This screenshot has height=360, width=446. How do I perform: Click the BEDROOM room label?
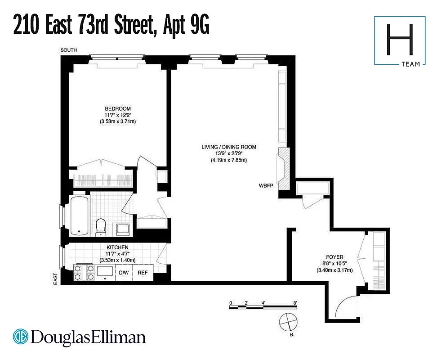(118, 108)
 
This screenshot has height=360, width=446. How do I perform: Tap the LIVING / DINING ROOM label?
(229, 147)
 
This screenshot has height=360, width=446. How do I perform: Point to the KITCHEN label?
(117, 247)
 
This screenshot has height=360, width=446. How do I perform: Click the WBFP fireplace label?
(266, 185)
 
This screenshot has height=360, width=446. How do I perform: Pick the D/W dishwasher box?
(123, 273)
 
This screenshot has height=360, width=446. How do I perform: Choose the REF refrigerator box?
(143, 273)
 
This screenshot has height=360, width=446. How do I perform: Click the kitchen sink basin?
(105, 271)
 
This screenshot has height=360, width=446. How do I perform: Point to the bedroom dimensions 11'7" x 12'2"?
(118, 115)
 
